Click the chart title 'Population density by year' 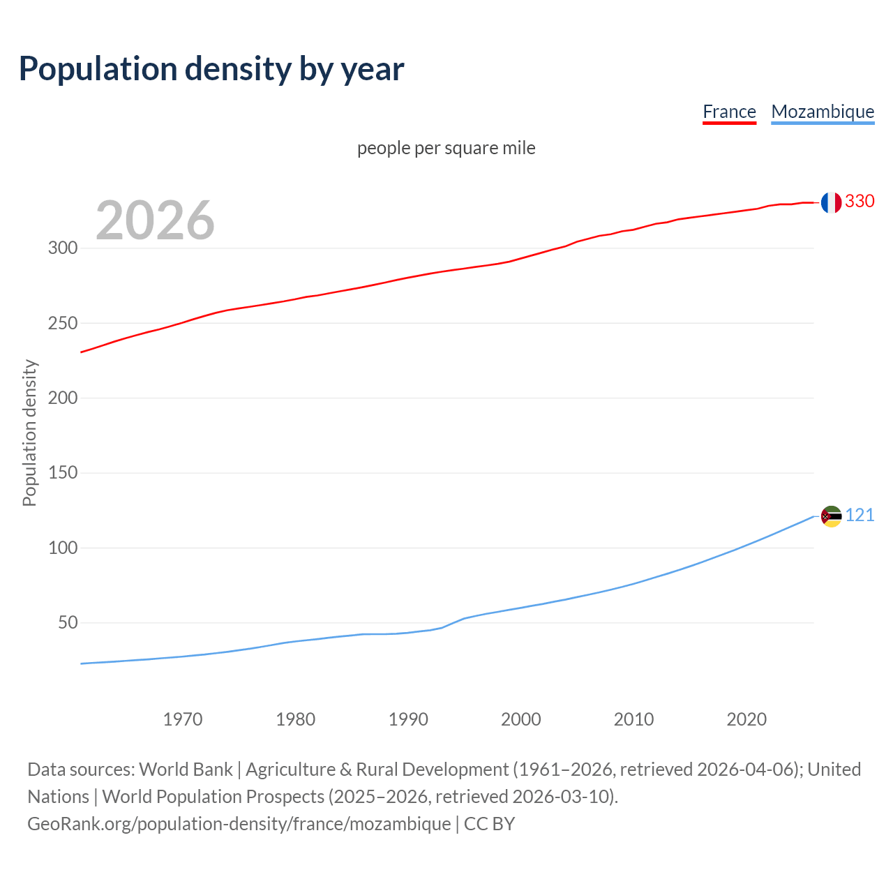pyautogui.click(x=211, y=69)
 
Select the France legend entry pyautogui.click(x=729, y=112)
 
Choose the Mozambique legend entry pyautogui.click(x=823, y=112)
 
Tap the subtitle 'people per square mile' pyautogui.click(x=446, y=148)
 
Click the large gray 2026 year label pyautogui.click(x=155, y=220)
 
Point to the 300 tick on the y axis pyautogui.click(x=63, y=248)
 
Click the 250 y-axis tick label pyautogui.click(x=63, y=323)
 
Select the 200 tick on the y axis pyautogui.click(x=63, y=398)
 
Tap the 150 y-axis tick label pyautogui.click(x=63, y=473)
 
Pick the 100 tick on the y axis pyautogui.click(x=63, y=548)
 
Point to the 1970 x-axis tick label pyautogui.click(x=183, y=719)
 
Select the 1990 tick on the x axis pyautogui.click(x=408, y=719)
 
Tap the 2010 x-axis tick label pyautogui.click(x=633, y=719)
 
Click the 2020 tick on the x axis pyautogui.click(x=746, y=719)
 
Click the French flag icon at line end pyautogui.click(x=831, y=202)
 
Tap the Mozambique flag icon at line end pyautogui.click(x=831, y=516)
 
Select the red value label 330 pyautogui.click(x=860, y=202)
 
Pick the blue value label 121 pyautogui.click(x=860, y=516)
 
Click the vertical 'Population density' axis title pyautogui.click(x=29, y=433)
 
